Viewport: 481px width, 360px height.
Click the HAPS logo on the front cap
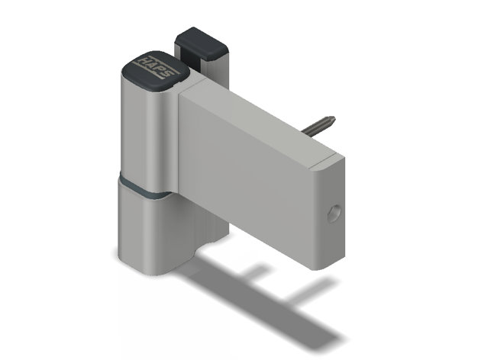click(156, 66)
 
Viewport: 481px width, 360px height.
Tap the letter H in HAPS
click(143, 60)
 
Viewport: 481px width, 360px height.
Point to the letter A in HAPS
click(150, 65)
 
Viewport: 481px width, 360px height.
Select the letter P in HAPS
click(159, 69)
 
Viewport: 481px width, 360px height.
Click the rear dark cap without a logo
click(201, 43)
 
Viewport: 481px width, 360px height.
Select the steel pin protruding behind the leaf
click(318, 124)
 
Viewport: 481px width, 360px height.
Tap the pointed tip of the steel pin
click(334, 118)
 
